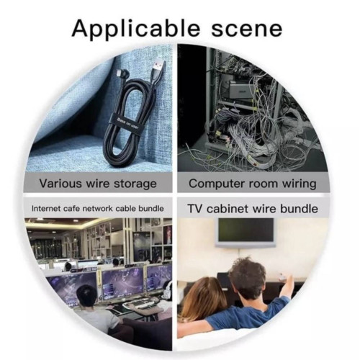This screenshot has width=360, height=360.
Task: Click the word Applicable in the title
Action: [135, 29]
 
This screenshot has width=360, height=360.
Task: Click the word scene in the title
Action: [246, 29]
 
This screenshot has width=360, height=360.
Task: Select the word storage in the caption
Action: [135, 184]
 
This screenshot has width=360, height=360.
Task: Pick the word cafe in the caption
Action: [72, 208]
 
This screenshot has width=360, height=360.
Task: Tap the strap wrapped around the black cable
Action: [122, 123]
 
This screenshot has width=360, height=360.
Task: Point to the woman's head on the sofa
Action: [207, 297]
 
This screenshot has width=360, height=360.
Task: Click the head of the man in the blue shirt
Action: [247, 279]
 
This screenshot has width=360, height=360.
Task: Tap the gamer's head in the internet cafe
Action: [87, 297]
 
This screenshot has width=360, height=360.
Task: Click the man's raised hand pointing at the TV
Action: [288, 279]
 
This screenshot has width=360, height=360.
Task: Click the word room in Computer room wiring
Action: [264, 184]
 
